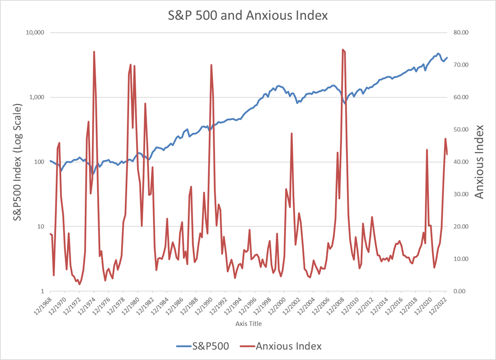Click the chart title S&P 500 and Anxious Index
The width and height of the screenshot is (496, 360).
coord(248,15)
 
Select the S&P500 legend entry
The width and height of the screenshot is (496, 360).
coord(202,346)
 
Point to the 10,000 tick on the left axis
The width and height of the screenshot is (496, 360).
coord(34,32)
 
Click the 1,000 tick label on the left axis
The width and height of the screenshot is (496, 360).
coord(36,97)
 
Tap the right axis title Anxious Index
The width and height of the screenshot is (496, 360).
coord(479,162)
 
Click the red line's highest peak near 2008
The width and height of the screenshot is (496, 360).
coord(343,49)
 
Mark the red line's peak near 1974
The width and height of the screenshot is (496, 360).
coord(94,51)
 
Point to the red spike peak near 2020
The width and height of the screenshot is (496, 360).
coord(427,150)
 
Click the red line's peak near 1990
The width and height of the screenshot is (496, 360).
coord(211,64)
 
